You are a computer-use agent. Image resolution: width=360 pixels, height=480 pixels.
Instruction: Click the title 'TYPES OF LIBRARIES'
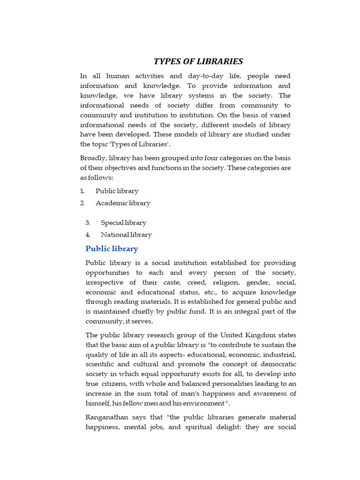tap(199, 61)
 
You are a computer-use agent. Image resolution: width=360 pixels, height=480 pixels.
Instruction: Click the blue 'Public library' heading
tap(112, 248)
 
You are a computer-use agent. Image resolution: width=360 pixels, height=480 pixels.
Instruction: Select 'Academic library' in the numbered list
tap(123, 203)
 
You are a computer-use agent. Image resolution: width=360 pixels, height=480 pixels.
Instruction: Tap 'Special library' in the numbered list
tap(123, 223)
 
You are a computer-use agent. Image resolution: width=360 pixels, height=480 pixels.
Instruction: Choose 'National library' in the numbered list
tap(126, 235)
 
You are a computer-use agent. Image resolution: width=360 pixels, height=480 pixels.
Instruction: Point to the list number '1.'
tap(82, 191)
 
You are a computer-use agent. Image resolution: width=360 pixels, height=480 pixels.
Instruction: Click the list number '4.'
tap(88, 235)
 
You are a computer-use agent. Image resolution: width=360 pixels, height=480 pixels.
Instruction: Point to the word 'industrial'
tap(278, 354)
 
